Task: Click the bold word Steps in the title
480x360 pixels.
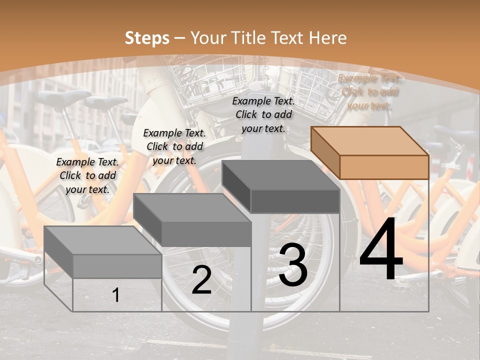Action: pyautogui.click(x=147, y=38)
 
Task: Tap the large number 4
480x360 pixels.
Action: pyautogui.click(x=381, y=250)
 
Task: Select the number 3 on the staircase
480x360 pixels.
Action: pyautogui.click(x=293, y=265)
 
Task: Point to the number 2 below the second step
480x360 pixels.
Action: pyautogui.click(x=201, y=280)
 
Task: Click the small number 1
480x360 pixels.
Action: pyautogui.click(x=115, y=295)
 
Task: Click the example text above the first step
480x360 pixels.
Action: pyautogui.click(x=87, y=175)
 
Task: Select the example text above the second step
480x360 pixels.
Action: pyautogui.click(x=174, y=146)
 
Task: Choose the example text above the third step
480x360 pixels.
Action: pyautogui.click(x=263, y=114)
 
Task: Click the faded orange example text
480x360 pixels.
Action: pyautogui.click(x=369, y=92)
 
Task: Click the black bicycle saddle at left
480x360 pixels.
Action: pyautogui.click(x=62, y=98)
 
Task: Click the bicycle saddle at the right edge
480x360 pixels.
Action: pyautogui.click(x=457, y=132)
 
